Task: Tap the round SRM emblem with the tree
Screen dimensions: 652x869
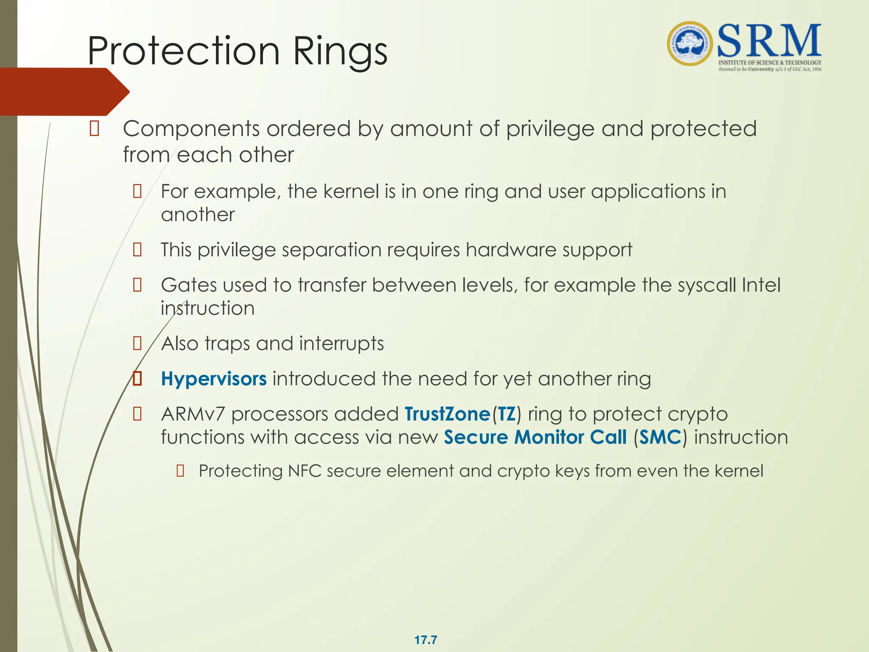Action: point(690,44)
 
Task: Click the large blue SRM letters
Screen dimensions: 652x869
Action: point(769,41)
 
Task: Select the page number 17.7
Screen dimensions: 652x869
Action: point(426,640)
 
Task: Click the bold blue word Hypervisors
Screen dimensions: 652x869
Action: point(214,379)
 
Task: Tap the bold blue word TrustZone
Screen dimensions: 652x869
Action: point(447,414)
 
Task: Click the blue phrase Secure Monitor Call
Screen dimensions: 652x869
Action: point(535,437)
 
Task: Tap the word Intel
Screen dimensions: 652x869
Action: point(761,285)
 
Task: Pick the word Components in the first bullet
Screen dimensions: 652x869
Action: point(191,129)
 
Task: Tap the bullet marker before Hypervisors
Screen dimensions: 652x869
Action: point(137,378)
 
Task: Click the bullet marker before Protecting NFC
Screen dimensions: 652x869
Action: point(180,471)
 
